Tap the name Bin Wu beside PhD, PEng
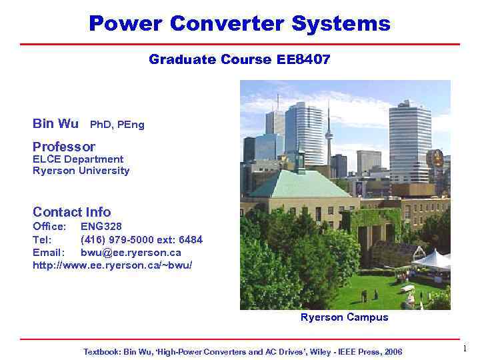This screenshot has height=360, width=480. coord(55,124)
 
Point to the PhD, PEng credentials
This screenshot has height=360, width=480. coord(117,125)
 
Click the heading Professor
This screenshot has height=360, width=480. coord(64,147)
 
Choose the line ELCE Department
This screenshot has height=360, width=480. coord(78,159)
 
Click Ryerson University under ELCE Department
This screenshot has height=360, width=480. coord(81,171)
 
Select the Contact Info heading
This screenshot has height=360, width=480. coord(71,212)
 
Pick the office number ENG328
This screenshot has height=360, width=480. coord(101,227)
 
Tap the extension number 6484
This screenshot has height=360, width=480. coord(191,239)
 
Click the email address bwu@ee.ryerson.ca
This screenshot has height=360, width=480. coord(131,253)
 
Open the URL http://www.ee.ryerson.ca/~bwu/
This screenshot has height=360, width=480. coord(113,265)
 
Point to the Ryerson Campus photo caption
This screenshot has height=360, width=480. coord(344,317)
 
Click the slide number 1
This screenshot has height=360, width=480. coord(465,349)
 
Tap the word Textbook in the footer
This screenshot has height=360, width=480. coord(102,351)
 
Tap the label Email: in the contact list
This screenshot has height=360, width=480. coord(49,253)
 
